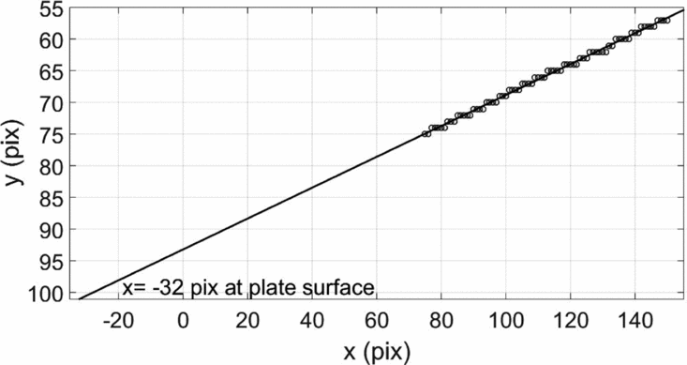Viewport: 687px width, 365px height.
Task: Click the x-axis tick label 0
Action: pos(184,320)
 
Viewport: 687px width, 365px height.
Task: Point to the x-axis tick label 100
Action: pos(505,320)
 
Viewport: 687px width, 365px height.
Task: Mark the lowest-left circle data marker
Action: pos(426,134)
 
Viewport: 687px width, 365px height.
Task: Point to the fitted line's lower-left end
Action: pos(80,298)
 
